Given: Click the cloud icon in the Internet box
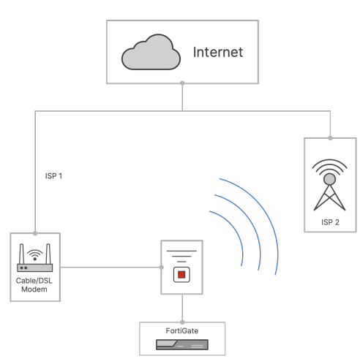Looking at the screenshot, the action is coord(151,52).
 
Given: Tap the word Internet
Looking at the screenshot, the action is coord(218,52).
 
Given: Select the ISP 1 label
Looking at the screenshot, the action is coord(53,176).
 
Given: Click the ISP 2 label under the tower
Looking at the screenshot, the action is coord(330,222).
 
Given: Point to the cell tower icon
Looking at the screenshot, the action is coord(329,185).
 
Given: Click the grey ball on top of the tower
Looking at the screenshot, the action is coord(329,179).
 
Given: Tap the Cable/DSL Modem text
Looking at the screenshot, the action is coord(34,285).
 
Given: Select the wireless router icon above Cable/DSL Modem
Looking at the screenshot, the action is coord(35,257).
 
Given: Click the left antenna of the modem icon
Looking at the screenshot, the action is coord(21,254).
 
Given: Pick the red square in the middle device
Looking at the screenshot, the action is coord(181,275).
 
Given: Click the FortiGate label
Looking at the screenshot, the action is coord(182,330).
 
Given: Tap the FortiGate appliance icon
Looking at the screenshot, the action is coord(182,345).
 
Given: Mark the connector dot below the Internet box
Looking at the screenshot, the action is coord(182,83).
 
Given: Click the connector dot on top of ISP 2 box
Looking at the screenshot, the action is coord(330,138).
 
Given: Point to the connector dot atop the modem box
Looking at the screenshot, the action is coord(35,233).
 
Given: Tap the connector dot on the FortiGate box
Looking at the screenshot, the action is coord(182,322).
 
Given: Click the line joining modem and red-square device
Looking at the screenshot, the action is coord(110,268).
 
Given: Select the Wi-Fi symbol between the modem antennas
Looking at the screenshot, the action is coord(35,254).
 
